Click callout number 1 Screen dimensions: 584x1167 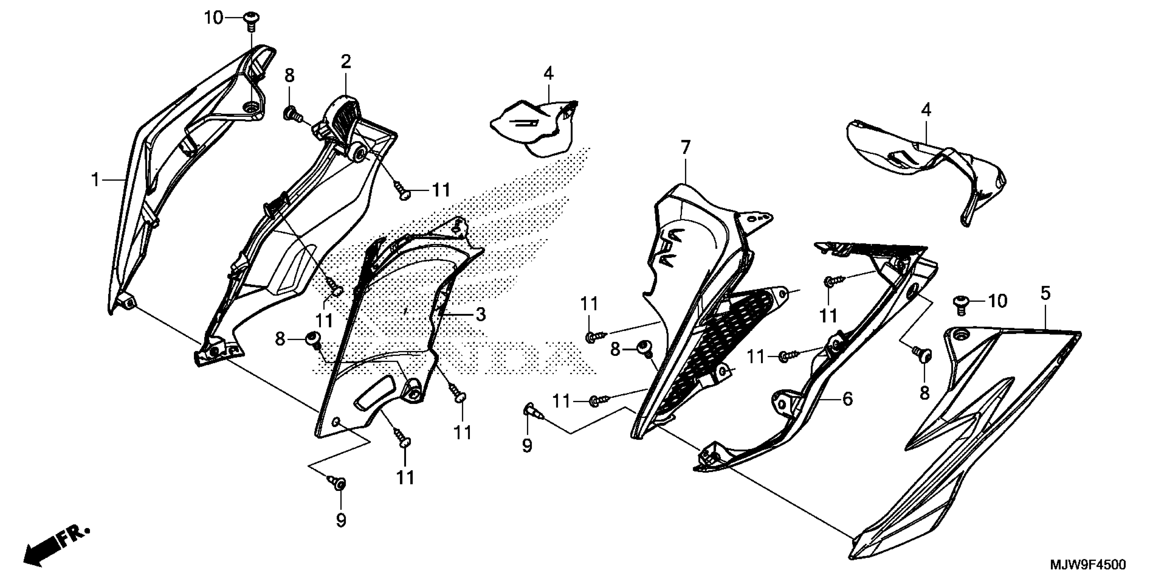click(x=95, y=180)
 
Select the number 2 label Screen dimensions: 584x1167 click(x=346, y=62)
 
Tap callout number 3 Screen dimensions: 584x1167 click(x=480, y=314)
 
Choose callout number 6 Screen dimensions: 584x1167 click(x=847, y=399)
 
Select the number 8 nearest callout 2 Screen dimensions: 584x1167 click(x=289, y=75)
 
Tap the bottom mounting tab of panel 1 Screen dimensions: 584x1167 click(x=127, y=301)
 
